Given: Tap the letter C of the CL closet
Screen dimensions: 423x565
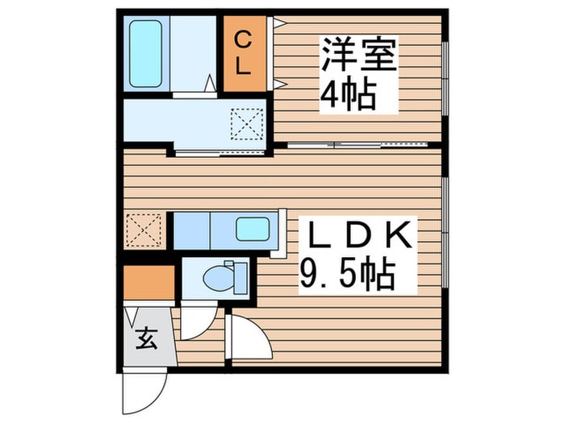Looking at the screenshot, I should click(x=241, y=39).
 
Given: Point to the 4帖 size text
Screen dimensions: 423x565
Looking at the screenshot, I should click(x=348, y=95).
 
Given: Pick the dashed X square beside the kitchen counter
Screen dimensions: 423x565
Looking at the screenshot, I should click(x=145, y=229).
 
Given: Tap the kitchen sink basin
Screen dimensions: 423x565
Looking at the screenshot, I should click(x=252, y=230).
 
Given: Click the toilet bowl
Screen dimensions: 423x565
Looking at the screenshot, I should click(x=216, y=279).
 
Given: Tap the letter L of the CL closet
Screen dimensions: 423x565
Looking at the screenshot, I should click(x=241, y=66).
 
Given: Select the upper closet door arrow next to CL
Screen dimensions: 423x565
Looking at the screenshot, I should click(x=278, y=23).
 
